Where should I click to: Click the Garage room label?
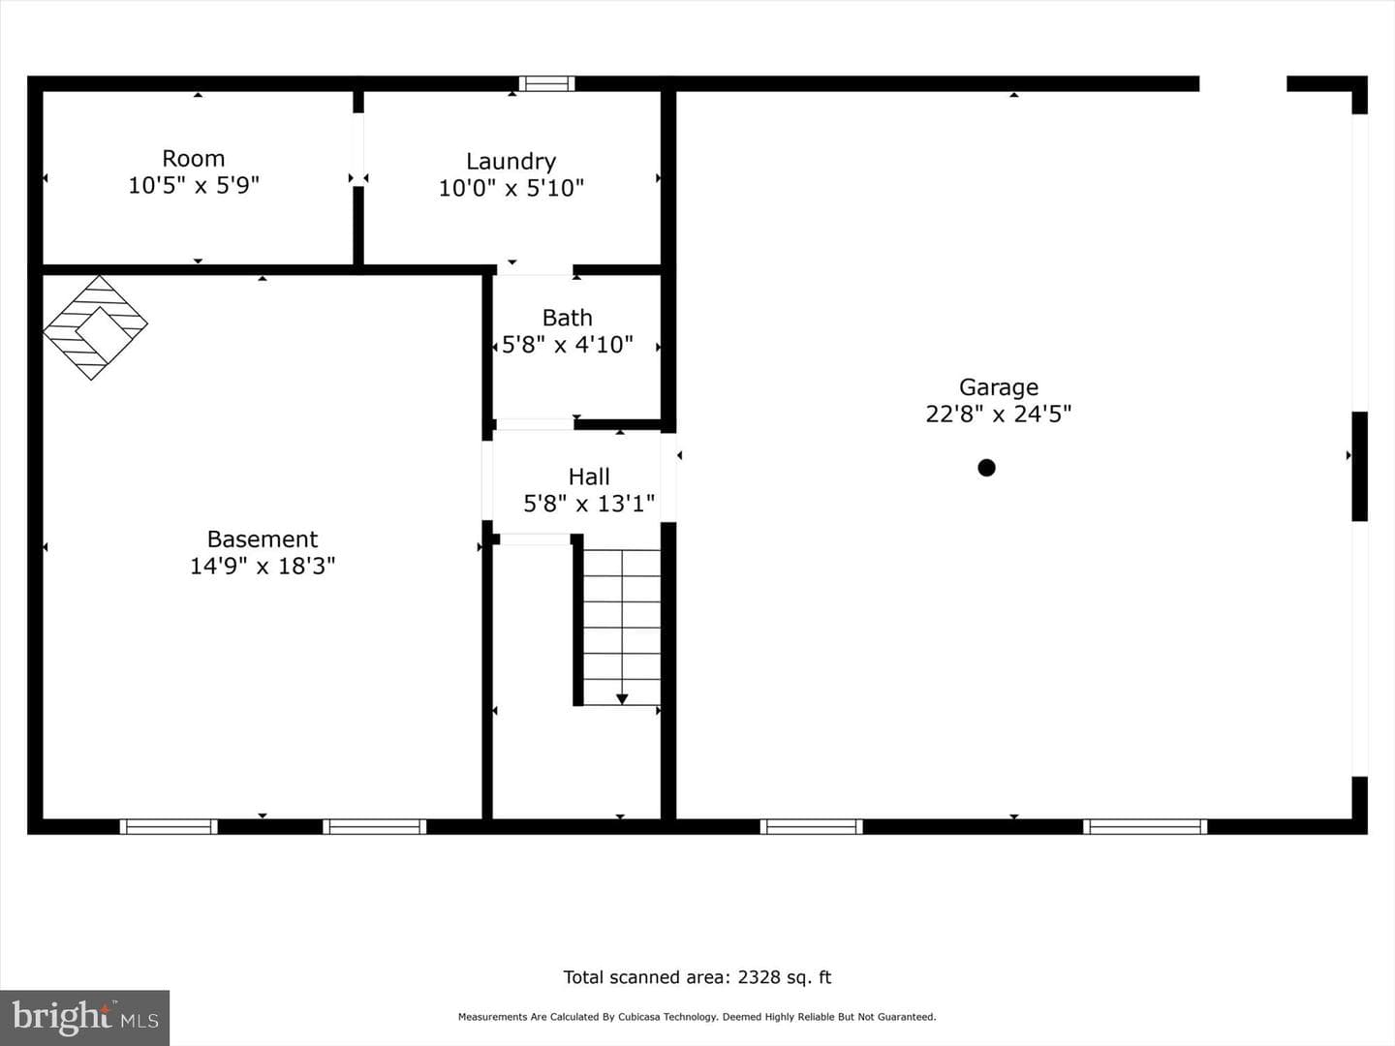999,387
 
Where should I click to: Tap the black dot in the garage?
986,468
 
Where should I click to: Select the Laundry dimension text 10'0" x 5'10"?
511,188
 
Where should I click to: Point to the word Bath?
567,318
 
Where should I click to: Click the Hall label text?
589,477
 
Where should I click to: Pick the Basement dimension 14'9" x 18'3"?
263,566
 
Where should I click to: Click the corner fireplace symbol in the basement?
95,327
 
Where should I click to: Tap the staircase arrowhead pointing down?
622,699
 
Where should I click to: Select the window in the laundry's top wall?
546,84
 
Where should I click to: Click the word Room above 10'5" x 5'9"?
193,158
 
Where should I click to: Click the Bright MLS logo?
84,1018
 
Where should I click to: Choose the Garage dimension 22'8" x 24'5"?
999,415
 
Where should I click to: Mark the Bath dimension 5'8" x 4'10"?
567,345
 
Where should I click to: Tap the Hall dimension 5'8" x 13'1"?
589,504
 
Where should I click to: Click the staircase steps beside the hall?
622,628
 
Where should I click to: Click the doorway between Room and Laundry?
358,149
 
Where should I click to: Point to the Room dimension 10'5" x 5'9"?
194,185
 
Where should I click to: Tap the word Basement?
263,538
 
